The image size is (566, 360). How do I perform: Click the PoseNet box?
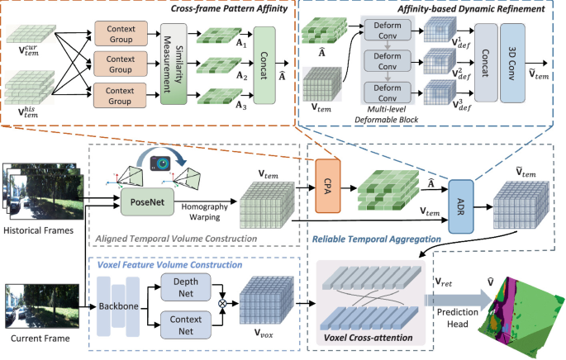147,201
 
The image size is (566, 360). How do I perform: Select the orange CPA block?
328,186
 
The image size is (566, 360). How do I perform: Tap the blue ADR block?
460,206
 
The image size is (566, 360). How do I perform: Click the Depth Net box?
186,287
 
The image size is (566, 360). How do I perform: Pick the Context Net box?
186,325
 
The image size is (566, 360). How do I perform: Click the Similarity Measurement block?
174,64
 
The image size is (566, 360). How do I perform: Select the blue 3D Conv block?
512,63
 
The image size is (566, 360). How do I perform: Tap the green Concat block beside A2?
264,65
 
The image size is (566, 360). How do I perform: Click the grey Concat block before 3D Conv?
486,63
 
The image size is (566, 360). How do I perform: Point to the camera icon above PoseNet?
160,163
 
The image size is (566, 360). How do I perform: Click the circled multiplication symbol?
222,303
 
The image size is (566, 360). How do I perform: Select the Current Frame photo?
42,306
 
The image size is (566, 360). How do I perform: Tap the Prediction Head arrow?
458,300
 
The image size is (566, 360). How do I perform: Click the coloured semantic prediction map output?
519,315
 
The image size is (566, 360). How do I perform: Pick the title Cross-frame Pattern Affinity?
229,8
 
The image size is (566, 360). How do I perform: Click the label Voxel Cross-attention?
369,338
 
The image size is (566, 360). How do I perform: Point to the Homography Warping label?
204,211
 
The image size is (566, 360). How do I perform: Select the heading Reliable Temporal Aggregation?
377,239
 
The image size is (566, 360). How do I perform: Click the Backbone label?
119,306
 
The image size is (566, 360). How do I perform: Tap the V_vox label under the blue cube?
264,333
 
